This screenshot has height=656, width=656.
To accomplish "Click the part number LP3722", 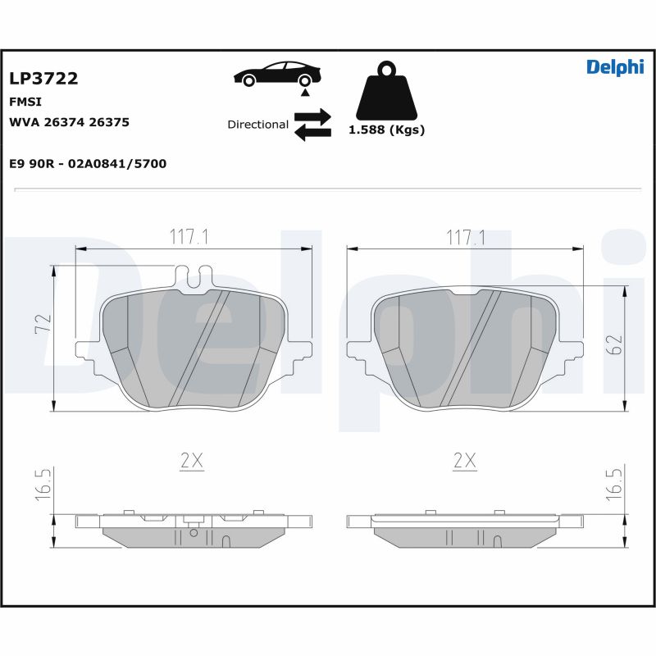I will (43, 79).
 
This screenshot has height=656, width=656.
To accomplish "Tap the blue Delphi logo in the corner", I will (615, 67).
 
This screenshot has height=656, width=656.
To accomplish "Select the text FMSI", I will (25, 102).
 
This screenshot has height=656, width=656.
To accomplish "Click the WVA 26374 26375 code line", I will (69, 122).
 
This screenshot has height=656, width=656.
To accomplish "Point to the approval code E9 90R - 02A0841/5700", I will (88, 164).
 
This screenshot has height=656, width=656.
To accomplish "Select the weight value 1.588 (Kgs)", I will (387, 130).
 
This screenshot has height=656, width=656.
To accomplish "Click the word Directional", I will (257, 125).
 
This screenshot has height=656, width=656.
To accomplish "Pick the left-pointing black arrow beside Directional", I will (312, 132).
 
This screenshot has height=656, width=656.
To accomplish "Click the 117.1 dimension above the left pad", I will (189, 237).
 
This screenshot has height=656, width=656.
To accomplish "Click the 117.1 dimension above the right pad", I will (465, 237).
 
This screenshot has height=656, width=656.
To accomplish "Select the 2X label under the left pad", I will (191, 462).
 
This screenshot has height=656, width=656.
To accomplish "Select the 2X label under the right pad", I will (465, 462).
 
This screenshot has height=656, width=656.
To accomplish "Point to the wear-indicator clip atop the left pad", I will (194, 277).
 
